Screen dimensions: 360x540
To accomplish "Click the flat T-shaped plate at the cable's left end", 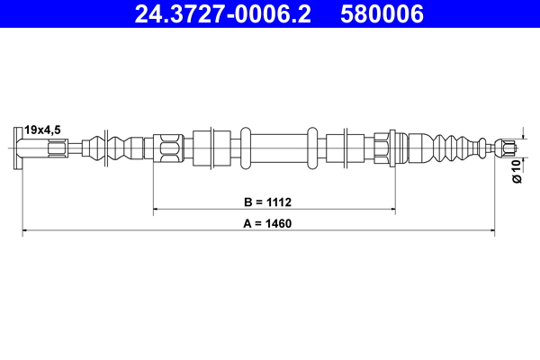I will tap(20, 147).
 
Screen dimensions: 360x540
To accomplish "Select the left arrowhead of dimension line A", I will tap(26, 231).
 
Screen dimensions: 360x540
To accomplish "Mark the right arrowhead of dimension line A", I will tap(490, 231).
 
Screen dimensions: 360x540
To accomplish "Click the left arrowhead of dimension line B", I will tap(157, 210).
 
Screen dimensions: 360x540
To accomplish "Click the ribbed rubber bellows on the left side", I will tap(117, 146).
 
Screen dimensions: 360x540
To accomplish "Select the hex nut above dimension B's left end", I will tap(168, 146).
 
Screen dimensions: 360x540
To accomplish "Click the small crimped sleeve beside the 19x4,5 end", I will tap(56, 146).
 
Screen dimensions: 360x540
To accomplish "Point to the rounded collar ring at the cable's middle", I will tap(312, 146).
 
